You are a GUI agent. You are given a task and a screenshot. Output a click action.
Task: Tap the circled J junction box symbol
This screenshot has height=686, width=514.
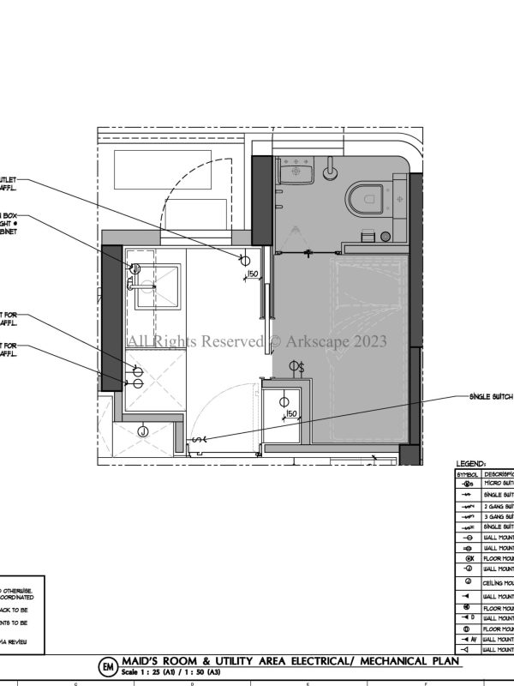click(143, 430)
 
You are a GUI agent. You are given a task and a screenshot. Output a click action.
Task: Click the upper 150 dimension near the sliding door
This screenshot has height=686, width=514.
click(253, 274)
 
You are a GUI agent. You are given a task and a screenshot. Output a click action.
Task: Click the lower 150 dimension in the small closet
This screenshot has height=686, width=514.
click(291, 414)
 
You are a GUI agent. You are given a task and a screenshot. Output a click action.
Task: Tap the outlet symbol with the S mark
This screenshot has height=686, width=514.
click(296, 368)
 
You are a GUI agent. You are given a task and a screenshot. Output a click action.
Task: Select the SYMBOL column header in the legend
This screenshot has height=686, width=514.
click(467, 472)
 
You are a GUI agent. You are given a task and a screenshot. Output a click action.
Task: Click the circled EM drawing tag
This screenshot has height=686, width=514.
click(108, 666)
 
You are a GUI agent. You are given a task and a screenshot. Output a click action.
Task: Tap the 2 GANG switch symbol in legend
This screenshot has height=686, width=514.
click(467, 507)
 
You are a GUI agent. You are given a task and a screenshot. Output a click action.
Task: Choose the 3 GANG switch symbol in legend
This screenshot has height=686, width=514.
click(467, 517)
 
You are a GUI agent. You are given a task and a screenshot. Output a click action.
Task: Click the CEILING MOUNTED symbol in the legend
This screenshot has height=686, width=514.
click(467, 582)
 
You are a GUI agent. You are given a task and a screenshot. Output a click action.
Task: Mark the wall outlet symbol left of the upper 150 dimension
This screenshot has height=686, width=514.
click(244, 260)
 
